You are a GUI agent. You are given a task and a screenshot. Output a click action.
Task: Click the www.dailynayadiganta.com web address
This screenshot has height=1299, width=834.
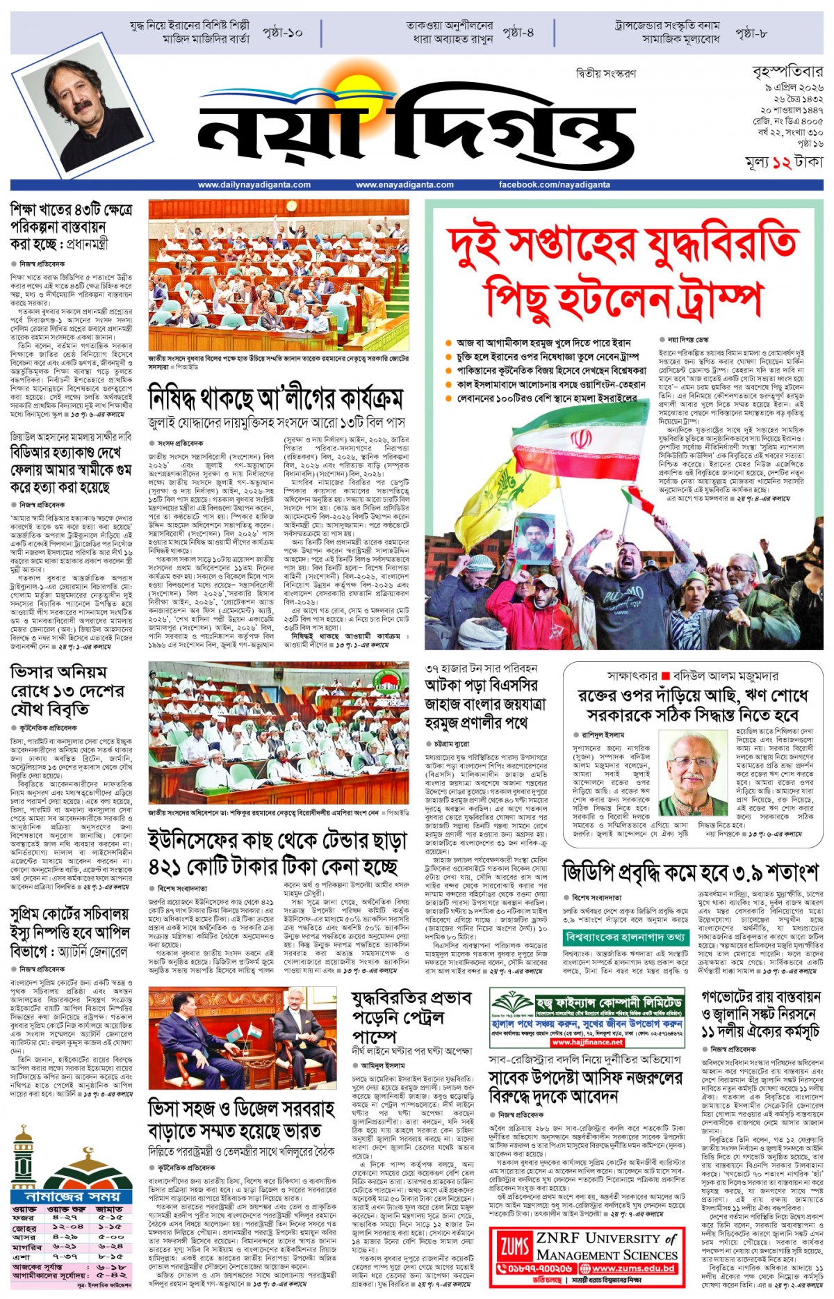click(x=254, y=185)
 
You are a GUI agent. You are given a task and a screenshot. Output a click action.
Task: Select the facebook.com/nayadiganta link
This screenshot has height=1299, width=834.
click(x=554, y=185)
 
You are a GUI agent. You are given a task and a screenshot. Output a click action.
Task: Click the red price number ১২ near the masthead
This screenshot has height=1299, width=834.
click(x=781, y=163)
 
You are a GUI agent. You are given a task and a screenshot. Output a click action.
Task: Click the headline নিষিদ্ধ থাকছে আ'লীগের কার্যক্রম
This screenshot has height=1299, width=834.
click(x=276, y=400)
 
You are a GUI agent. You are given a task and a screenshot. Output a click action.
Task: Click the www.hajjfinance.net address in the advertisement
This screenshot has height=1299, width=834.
click(x=587, y=1042)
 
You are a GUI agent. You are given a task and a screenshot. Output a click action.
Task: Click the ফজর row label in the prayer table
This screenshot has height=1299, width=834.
click(x=24, y=1218)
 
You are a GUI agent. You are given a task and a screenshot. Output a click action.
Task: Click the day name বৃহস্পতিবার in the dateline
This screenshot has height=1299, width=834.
click(x=787, y=72)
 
